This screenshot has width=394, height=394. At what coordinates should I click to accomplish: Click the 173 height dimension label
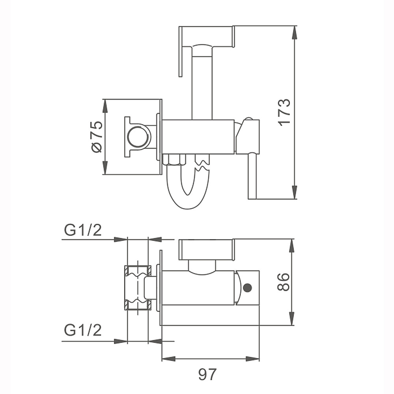point(284,112)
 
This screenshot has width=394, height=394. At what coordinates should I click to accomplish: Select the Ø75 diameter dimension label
point(97,137)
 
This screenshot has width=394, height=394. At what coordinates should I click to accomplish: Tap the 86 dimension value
point(283,282)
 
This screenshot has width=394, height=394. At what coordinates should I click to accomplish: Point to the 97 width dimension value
point(207,374)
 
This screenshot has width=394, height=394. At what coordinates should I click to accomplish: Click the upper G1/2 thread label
point(83,230)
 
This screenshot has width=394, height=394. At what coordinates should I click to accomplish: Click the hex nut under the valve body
point(175,160)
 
